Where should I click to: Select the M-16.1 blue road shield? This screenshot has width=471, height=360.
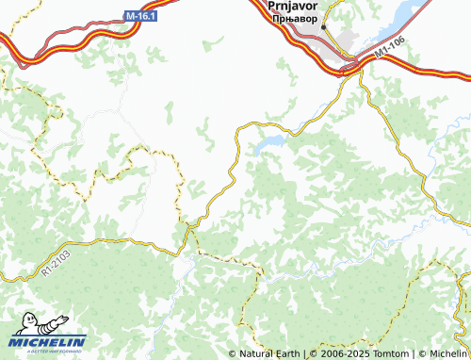click(x=139, y=16)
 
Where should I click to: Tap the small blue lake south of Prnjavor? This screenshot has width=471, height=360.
click(x=270, y=143)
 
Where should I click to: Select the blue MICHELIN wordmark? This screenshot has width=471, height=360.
click(x=47, y=341)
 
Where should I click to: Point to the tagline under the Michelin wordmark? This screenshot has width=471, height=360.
click(x=47, y=351)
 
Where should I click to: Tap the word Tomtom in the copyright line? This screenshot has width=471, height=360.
click(x=389, y=353)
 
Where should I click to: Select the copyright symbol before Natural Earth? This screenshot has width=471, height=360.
click(x=232, y=353)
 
